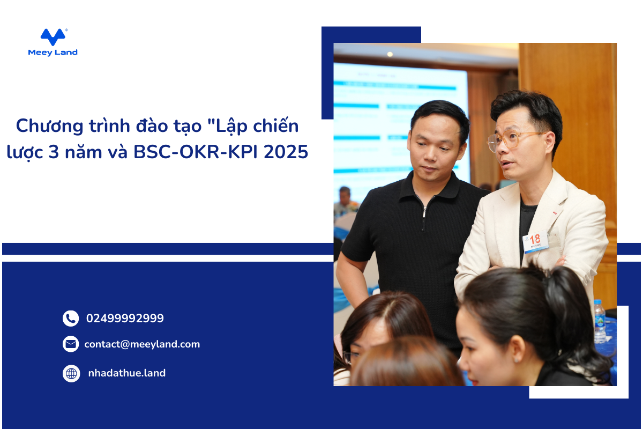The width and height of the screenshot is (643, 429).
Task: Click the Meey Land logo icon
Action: pyautogui.click(x=54, y=37)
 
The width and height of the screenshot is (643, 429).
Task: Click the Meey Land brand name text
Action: pyautogui.click(x=53, y=53)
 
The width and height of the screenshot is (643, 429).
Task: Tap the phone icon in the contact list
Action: pyautogui.click(x=71, y=319)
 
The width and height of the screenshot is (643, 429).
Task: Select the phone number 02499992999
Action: pyautogui.click(x=125, y=319)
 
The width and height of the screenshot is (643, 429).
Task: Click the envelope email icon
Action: pyautogui.click(x=71, y=344)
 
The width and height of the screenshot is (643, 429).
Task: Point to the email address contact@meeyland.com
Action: pyautogui.click(x=142, y=344)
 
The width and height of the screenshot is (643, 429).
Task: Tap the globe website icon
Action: pyautogui.click(x=71, y=374)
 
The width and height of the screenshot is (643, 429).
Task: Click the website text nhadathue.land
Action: pyautogui.click(x=127, y=373)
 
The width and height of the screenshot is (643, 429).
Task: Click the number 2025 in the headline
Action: pyautogui.click(x=286, y=152)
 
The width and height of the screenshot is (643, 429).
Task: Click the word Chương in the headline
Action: pyautogui.click(x=49, y=126)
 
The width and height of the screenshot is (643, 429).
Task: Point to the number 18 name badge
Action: pyautogui.click(x=536, y=242)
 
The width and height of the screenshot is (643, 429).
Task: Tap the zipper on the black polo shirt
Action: pyautogui.click(x=424, y=213)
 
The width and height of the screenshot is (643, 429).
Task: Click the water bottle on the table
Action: pyautogui.click(x=600, y=321)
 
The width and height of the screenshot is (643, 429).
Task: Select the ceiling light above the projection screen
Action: pyautogui.click(x=390, y=54)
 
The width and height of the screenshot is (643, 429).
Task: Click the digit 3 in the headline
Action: pyautogui.click(x=54, y=152)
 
